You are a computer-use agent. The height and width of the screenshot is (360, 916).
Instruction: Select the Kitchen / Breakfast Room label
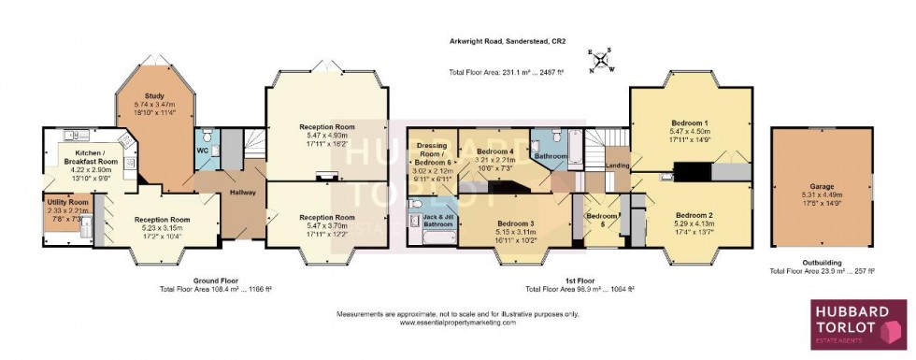coord(88,161)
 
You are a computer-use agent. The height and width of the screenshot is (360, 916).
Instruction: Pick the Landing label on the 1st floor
coord(618,166)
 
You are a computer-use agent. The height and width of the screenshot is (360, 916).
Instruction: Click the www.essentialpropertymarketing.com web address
coord(457,323)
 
